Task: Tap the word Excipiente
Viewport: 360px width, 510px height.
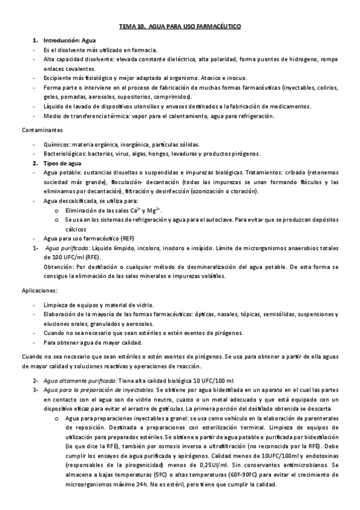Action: (x=58, y=78)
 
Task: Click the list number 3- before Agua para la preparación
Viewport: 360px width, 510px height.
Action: (x=35, y=390)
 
